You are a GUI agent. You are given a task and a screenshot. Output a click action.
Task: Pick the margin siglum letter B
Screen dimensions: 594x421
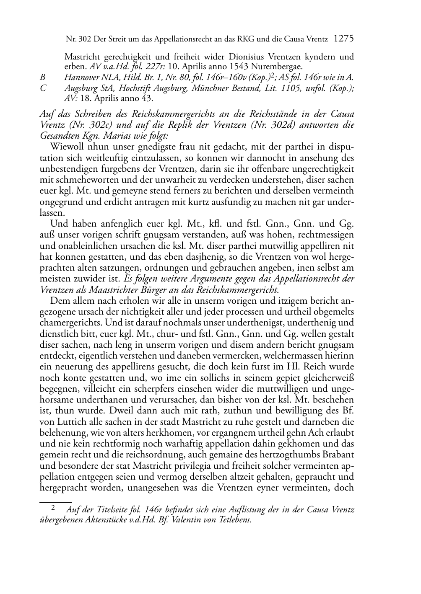coord(42,78)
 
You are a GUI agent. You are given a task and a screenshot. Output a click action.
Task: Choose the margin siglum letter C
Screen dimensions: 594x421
coord(42,88)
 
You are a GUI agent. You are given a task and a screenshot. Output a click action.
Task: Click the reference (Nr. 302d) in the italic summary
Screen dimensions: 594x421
coord(259,125)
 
